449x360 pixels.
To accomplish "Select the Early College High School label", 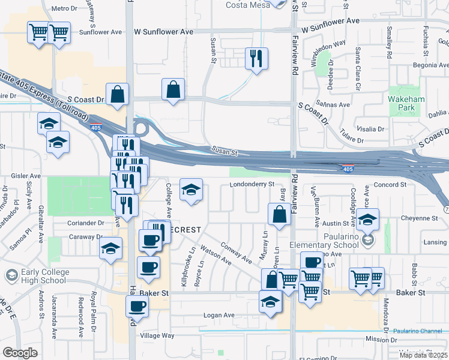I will point(43,276).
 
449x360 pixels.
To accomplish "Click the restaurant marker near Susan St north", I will point(256,59).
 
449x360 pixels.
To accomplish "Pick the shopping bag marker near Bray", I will point(280,215).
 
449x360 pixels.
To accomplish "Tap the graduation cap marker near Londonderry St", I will point(191,191).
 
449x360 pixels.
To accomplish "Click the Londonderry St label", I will point(252,184).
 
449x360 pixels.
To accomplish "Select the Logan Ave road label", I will point(218,315).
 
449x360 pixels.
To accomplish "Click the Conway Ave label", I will point(236,252).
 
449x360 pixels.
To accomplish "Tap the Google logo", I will point(20,353).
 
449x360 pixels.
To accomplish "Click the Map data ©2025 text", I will point(423,355).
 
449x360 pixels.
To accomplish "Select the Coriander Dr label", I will point(86,223).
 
